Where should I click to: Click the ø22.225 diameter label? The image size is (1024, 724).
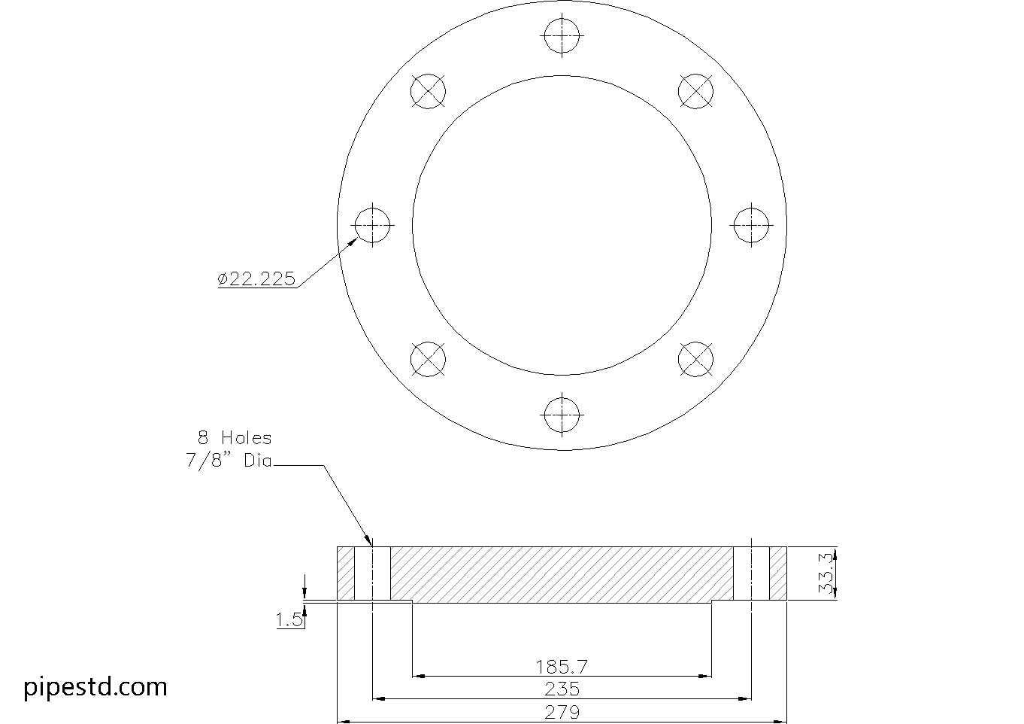point(256,278)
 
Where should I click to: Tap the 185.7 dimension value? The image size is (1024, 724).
point(562,668)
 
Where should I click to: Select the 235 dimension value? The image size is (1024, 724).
point(562,689)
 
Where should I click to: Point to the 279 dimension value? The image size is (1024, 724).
point(562,712)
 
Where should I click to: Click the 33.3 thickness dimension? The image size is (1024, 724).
point(826,573)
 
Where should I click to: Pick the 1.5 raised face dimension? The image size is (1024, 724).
point(289,620)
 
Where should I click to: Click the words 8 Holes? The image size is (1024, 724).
point(235,438)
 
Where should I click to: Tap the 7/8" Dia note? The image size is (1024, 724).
point(229,461)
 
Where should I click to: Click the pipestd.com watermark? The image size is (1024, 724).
point(95,687)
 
